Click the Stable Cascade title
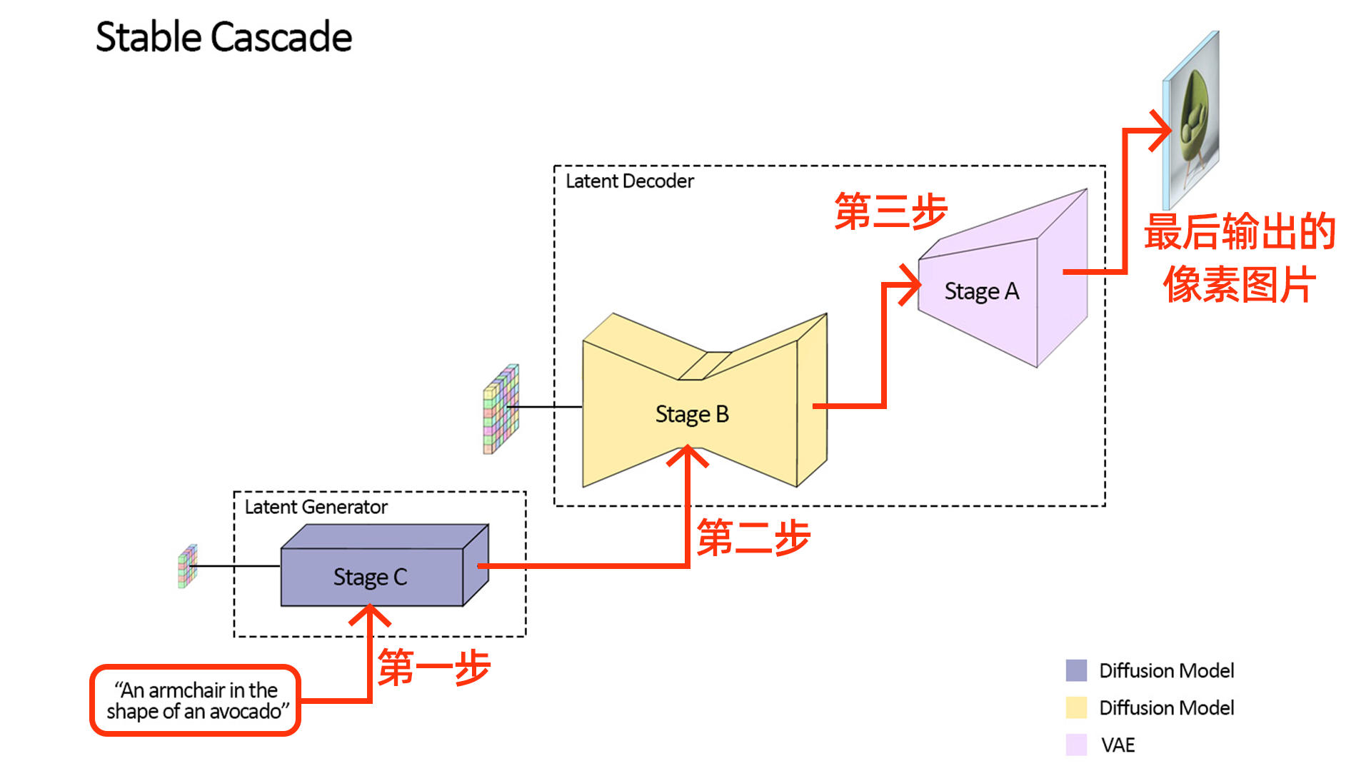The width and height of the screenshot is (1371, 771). (224, 37)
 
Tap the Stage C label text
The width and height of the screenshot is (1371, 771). (370, 577)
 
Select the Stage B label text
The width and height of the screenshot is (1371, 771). (692, 414)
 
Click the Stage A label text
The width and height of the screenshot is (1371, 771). (981, 291)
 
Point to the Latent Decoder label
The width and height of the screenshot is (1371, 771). (629, 181)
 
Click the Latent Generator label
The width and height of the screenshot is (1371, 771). (316, 507)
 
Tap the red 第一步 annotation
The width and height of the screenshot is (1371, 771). (434, 667)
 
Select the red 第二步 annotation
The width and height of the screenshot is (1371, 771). (753, 538)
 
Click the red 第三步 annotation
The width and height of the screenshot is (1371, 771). (890, 211)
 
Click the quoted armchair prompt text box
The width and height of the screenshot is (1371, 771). (196, 700)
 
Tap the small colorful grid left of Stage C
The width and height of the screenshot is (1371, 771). (187, 566)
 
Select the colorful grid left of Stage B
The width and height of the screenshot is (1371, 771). (501, 409)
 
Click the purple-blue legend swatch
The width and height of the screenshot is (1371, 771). (1076, 670)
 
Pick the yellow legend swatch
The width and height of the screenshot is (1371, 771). (1076, 707)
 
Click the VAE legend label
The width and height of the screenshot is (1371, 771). (1118, 745)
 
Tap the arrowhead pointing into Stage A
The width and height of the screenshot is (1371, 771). (913, 285)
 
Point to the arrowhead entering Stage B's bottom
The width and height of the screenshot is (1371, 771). (688, 455)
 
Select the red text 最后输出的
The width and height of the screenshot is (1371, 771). (1240, 232)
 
